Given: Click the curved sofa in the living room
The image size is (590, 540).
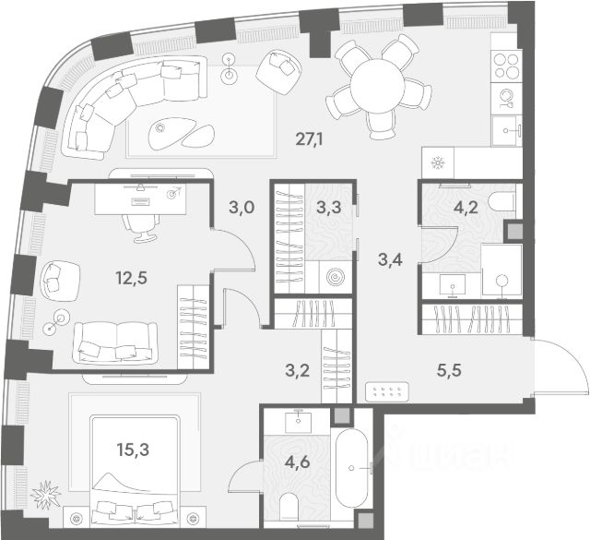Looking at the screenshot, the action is [129, 97].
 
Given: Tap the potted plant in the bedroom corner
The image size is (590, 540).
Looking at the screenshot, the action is [43, 498].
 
